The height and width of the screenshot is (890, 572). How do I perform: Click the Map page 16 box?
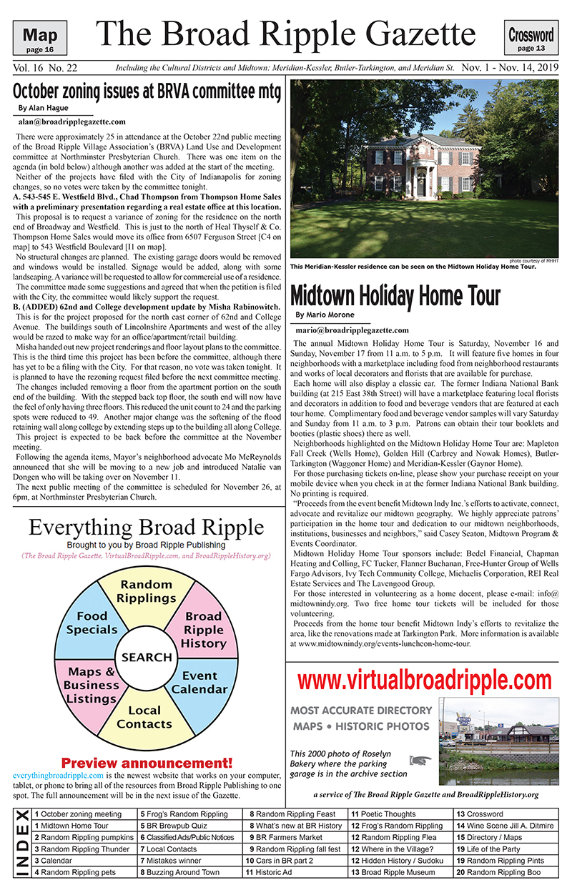click(44, 39)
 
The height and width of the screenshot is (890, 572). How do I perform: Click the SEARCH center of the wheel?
click(147, 657)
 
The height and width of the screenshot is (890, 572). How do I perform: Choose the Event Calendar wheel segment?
click(199, 683)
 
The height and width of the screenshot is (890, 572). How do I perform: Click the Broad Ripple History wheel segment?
click(203, 629)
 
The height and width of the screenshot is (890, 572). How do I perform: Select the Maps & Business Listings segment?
click(92, 685)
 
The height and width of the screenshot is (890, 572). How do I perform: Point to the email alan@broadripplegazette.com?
click(71, 122)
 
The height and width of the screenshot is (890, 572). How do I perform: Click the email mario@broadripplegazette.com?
click(352, 330)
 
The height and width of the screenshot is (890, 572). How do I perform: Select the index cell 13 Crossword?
click(480, 814)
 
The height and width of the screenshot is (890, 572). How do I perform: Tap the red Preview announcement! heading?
click(147, 762)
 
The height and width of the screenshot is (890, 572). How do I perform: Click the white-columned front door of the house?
click(421, 184)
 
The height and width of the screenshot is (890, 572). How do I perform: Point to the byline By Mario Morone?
click(325, 315)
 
